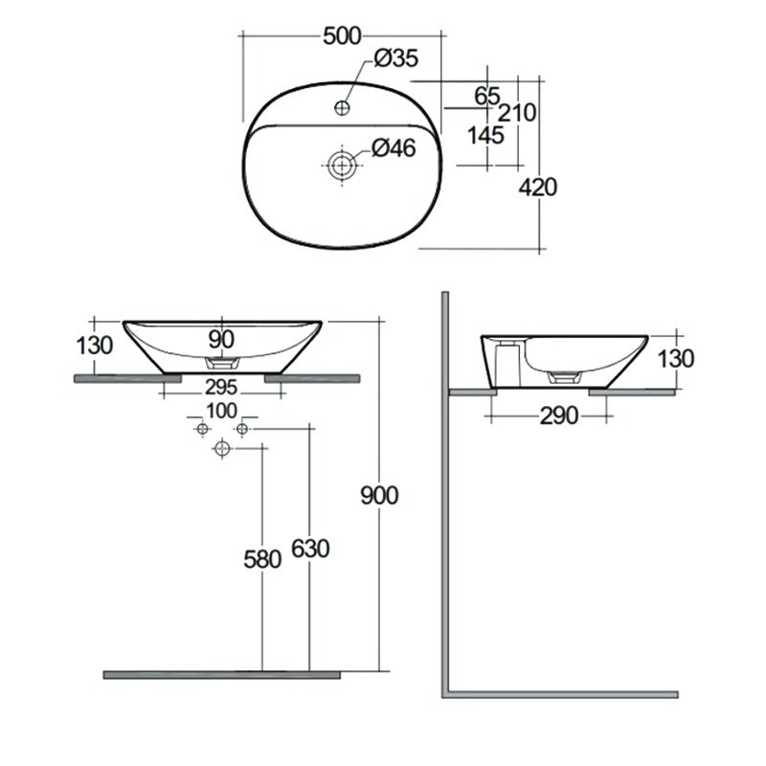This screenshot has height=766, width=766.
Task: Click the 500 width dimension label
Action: point(342,36)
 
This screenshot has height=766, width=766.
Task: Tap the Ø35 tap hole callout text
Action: point(396,58)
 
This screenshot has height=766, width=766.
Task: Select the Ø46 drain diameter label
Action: point(394,148)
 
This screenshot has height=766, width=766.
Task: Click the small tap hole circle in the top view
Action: point(342,107)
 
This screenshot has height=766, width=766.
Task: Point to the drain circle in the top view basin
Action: point(342,165)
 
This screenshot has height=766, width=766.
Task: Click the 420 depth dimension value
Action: point(538,188)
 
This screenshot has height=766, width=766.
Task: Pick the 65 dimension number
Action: point(487,97)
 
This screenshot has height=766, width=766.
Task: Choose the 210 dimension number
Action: point(517,113)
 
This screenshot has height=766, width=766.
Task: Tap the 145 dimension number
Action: point(485,136)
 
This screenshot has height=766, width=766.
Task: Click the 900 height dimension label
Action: point(379,496)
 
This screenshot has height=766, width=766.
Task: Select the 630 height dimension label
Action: point(310,549)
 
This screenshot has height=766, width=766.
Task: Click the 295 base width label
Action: point(221,388)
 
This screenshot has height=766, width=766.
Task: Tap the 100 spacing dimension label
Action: point(222,412)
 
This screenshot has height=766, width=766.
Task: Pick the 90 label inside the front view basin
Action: point(221,340)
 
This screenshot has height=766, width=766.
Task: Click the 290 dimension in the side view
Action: point(559,417)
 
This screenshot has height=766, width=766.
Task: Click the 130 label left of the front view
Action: point(95,346)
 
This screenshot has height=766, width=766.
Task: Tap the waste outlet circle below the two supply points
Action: point(222,448)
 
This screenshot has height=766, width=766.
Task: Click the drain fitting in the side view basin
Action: point(564,376)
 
